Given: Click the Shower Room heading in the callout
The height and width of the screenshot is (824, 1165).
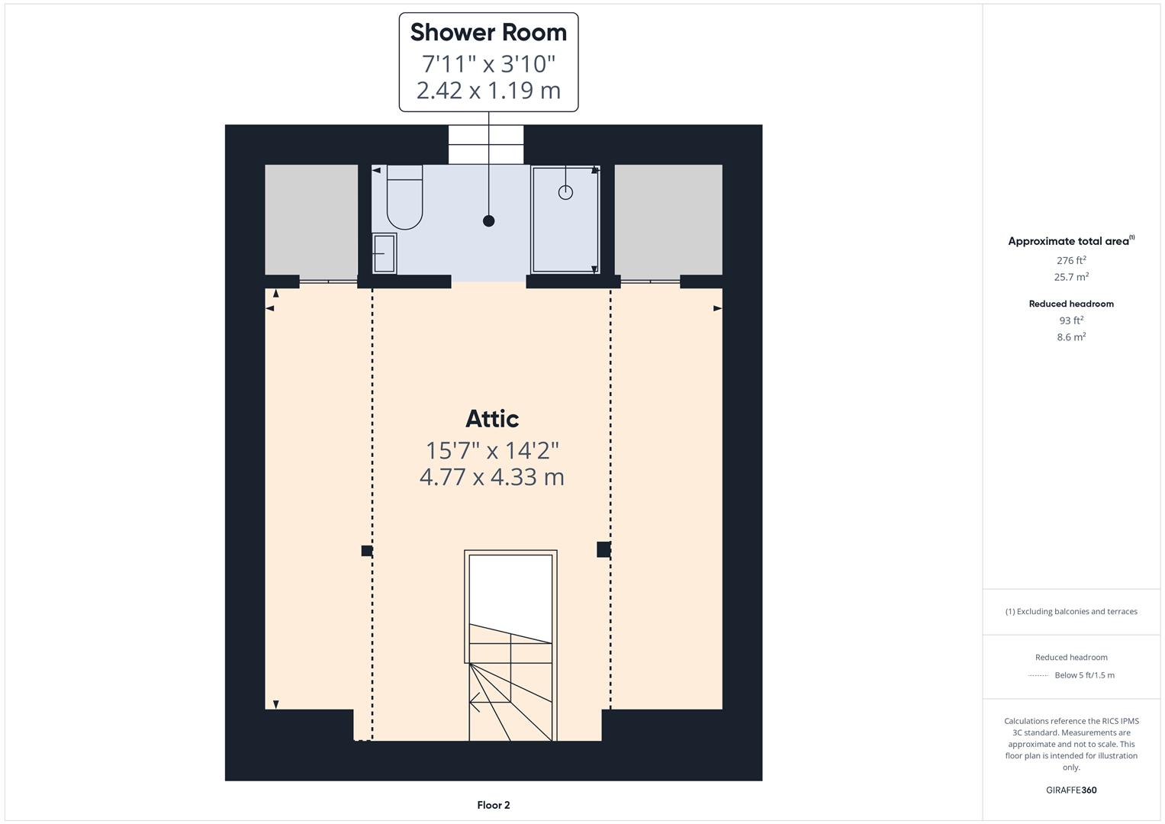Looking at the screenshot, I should [488, 33].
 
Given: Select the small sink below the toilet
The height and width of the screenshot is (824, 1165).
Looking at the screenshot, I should [384, 253].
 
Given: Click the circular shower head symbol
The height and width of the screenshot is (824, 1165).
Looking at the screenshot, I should [565, 192].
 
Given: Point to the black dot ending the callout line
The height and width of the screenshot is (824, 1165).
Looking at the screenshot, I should [488, 221].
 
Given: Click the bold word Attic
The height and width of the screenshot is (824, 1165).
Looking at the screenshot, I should [492, 419].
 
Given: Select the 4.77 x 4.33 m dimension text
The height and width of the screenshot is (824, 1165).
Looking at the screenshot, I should [492, 478].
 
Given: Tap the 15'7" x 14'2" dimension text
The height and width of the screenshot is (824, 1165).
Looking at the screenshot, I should [492, 450].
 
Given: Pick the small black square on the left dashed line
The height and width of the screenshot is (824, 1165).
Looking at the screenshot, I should [366, 551].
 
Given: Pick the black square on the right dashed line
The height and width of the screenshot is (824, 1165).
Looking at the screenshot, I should [603, 549].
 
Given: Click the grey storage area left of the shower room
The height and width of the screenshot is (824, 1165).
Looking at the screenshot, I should [311, 219].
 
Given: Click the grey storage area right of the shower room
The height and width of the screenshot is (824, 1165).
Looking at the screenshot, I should [668, 219].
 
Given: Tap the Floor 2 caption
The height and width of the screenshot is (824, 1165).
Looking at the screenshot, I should [494, 805].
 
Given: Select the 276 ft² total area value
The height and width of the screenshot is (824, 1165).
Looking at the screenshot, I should [1071, 260].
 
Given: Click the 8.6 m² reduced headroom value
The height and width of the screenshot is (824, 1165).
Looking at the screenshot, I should [1071, 336].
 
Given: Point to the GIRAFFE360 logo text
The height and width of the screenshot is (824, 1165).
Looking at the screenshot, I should [1071, 790].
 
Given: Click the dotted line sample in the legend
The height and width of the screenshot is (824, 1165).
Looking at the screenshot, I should [1038, 675].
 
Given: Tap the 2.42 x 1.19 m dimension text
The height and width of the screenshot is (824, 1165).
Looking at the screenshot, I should [488, 91].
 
